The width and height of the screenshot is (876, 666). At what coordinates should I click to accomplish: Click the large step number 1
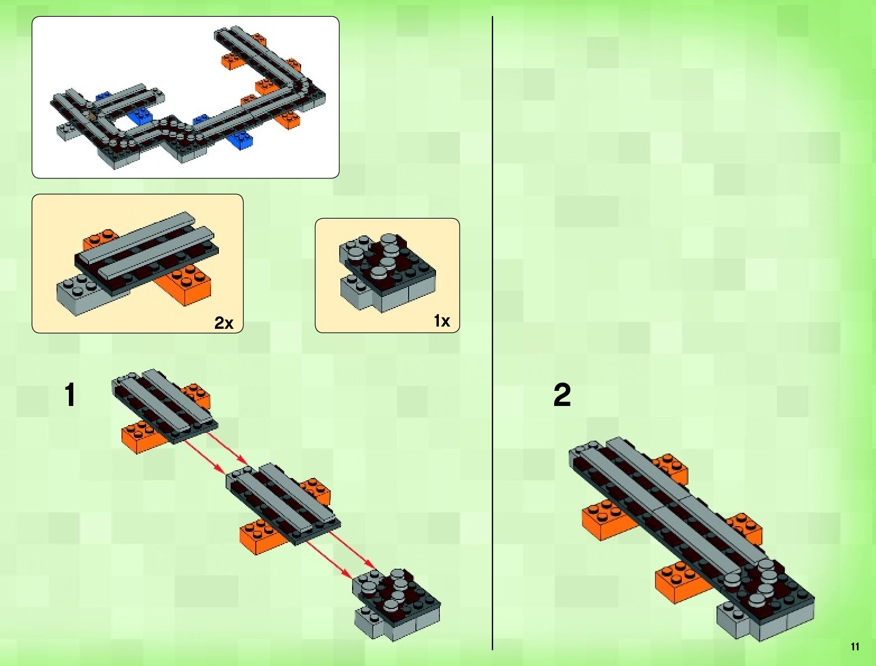coord(70,395)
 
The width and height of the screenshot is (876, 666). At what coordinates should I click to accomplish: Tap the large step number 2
coord(562,395)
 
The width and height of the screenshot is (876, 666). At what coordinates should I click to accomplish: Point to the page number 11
coord(855,646)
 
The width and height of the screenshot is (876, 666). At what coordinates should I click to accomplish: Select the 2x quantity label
coord(223,323)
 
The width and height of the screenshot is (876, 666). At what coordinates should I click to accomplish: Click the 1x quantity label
coord(442,320)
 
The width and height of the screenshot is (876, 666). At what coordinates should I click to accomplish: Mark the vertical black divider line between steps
coord(493,333)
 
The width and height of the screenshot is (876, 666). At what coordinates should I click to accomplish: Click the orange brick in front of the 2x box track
coord(186,285)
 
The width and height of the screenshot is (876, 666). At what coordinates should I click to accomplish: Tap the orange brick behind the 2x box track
coord(100,239)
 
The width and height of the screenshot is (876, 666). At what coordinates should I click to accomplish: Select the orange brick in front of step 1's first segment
coord(144,436)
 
